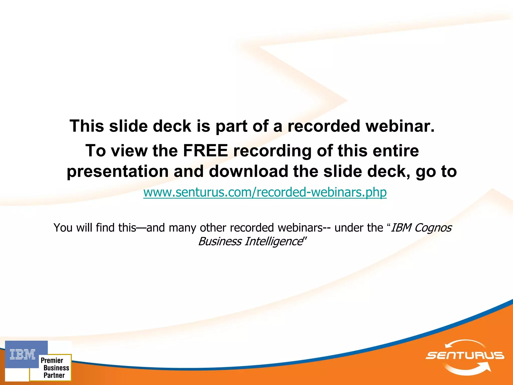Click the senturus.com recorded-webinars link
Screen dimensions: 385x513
point(265,192)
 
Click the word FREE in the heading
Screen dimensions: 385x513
point(205,151)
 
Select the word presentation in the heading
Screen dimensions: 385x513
point(117,171)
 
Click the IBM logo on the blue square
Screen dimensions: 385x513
point(23,354)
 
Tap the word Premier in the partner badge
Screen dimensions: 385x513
point(52,360)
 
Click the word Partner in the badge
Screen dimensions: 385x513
point(54,375)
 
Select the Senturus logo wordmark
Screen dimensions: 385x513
point(465,355)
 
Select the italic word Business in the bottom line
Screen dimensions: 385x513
point(220,242)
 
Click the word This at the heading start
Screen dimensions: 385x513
point(87,126)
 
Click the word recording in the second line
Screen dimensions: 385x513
point(272,151)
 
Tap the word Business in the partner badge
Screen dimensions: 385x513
point(56,368)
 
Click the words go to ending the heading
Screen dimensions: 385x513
point(436,171)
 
